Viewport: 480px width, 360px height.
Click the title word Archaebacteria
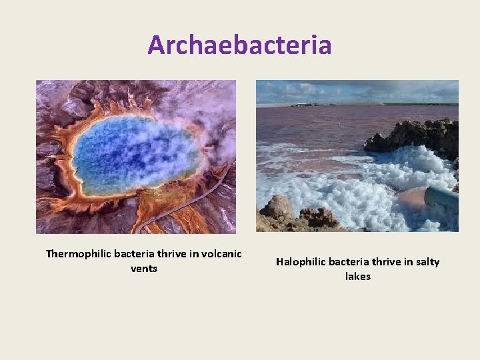(239, 45)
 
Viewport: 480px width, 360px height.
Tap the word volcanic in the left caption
(220, 253)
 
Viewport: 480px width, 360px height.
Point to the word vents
(144, 268)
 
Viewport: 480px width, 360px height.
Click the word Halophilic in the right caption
(301, 262)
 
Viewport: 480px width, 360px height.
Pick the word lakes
(358, 276)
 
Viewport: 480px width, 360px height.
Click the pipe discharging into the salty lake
(440, 197)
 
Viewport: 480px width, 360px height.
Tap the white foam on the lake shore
(360, 190)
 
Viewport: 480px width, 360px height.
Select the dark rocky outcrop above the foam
(413, 137)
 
